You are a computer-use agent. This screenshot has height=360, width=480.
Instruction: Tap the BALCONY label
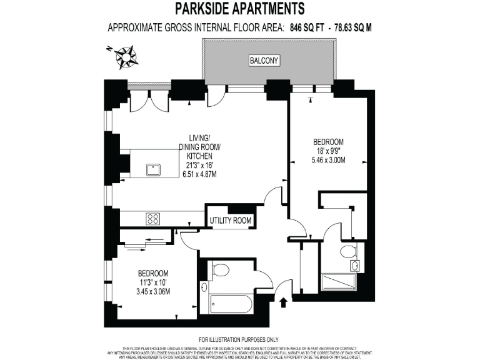[264, 61]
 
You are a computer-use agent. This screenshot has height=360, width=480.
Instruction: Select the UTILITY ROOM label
[231, 221]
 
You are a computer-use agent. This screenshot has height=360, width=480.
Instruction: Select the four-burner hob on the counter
[152, 219]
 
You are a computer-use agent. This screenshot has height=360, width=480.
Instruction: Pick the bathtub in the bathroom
[231, 304]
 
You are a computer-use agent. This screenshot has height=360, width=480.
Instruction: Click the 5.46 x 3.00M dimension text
[329, 160]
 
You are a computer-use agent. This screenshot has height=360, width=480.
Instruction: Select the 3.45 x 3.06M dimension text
[153, 291]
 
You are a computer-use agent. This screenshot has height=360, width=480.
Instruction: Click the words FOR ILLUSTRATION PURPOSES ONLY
[241, 338]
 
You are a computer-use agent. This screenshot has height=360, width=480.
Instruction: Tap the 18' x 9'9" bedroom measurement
[328, 151]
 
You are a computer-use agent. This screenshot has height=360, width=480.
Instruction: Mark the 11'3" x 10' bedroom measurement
[153, 282]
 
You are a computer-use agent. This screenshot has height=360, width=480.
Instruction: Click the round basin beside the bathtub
[205, 287]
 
